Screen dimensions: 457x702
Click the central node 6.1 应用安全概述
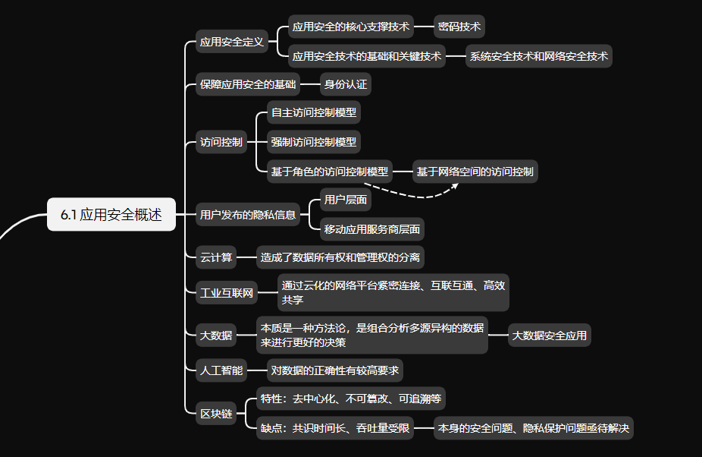click(111, 215)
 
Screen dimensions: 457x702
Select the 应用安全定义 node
click(232, 42)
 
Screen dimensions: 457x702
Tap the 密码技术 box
click(459, 27)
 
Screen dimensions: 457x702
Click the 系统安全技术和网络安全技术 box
click(538, 56)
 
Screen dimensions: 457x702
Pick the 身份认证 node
click(345, 84)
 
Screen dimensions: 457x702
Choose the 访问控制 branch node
click(221, 142)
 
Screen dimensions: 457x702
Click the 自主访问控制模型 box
click(314, 113)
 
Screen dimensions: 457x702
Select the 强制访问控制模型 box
click(314, 142)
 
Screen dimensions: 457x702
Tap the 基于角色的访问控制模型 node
click(330, 172)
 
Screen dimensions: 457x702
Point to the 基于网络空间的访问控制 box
click(475, 172)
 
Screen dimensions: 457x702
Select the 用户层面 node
click(346, 200)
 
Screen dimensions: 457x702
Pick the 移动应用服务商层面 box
click(372, 228)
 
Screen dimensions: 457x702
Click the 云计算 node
click(215, 258)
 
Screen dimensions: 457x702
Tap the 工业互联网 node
click(226, 292)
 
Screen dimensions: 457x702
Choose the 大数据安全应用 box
click(550, 335)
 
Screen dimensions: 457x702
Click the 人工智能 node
click(221, 371)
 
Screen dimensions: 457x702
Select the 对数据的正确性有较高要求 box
click(335, 371)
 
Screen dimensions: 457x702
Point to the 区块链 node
click(215, 414)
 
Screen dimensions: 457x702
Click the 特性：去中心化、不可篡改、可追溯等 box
click(351, 399)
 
